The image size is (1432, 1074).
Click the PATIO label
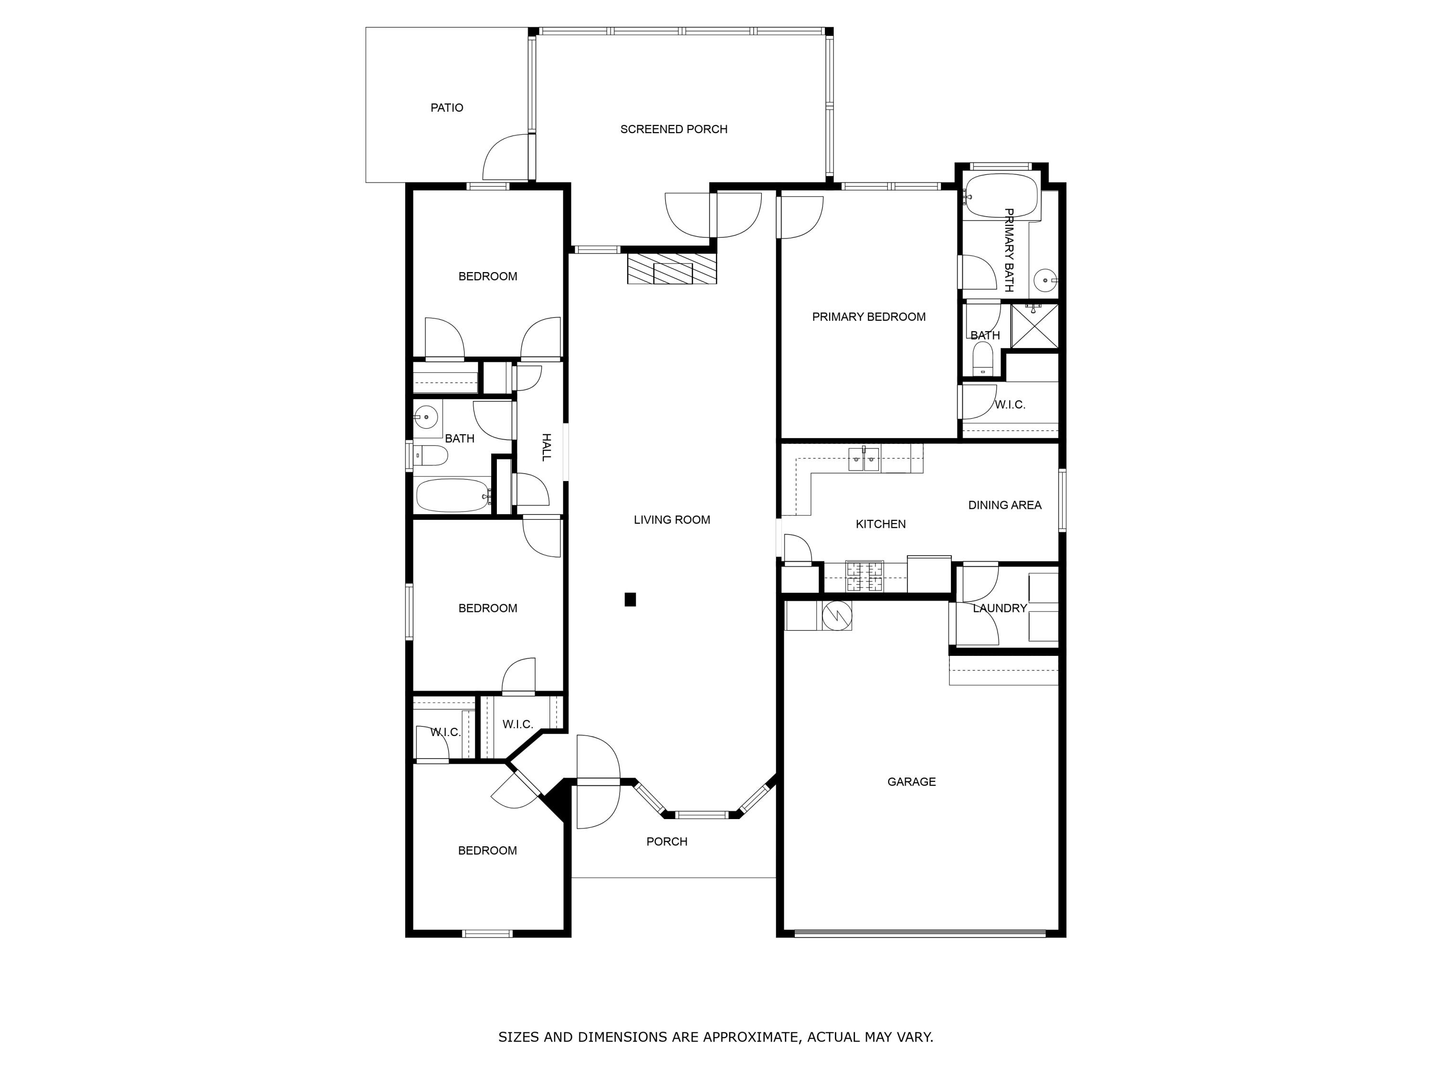447,108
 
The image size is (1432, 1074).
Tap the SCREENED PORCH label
673,129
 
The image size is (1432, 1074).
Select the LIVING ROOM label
671,520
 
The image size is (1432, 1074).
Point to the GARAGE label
911,782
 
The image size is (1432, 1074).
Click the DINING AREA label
1004,505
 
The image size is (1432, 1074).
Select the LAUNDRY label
1000,609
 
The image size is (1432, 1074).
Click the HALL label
547,447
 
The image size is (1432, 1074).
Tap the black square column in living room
630,600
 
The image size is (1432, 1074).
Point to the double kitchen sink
863,460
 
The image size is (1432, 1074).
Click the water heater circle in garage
836,615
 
